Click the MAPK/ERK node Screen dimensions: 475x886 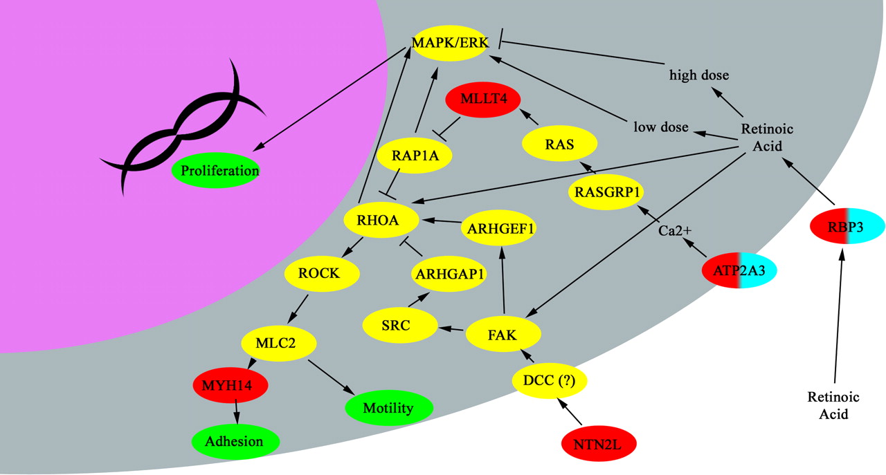click(450, 43)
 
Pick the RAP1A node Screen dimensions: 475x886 click(415, 156)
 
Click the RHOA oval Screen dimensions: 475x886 click(382, 221)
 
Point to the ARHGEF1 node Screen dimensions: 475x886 click(500, 228)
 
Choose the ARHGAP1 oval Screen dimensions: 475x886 click(449, 274)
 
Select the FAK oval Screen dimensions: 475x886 click(502, 335)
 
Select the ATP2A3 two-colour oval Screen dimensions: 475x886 click(739, 270)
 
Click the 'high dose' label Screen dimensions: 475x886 click(699, 74)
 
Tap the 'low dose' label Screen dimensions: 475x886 click(661, 127)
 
